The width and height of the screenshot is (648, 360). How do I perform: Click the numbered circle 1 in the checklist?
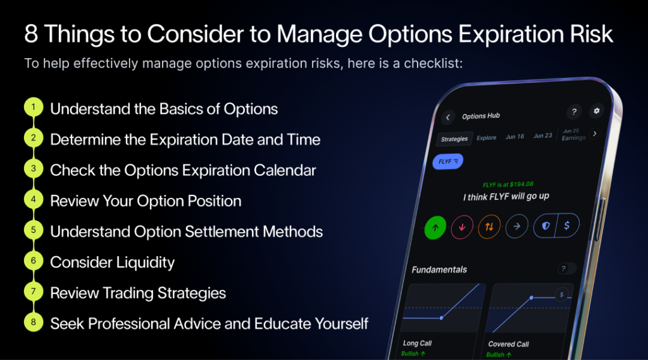point(33,108)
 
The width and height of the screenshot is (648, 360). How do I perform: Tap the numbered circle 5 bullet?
point(33,231)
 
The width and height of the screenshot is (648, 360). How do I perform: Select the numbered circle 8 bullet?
point(33,323)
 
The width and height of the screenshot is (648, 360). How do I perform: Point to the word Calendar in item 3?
point(282,170)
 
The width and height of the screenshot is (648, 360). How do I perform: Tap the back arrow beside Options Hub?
point(448,117)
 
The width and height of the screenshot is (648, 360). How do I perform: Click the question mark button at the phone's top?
point(573,112)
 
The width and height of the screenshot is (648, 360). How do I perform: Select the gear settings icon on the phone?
point(596,111)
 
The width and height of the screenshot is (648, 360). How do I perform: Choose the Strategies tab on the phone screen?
point(454,139)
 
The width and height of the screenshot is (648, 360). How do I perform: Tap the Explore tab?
point(487,137)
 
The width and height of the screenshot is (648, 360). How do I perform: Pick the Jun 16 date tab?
point(514,137)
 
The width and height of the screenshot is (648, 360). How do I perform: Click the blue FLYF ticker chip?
point(448,161)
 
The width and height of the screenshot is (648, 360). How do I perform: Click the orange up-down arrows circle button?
point(489,227)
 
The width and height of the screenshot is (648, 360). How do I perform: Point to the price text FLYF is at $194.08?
point(508,185)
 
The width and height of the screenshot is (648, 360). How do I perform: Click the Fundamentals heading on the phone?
point(439,270)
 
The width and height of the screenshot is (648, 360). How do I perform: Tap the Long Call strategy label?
point(417,344)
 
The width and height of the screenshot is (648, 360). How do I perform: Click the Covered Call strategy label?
point(508,344)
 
